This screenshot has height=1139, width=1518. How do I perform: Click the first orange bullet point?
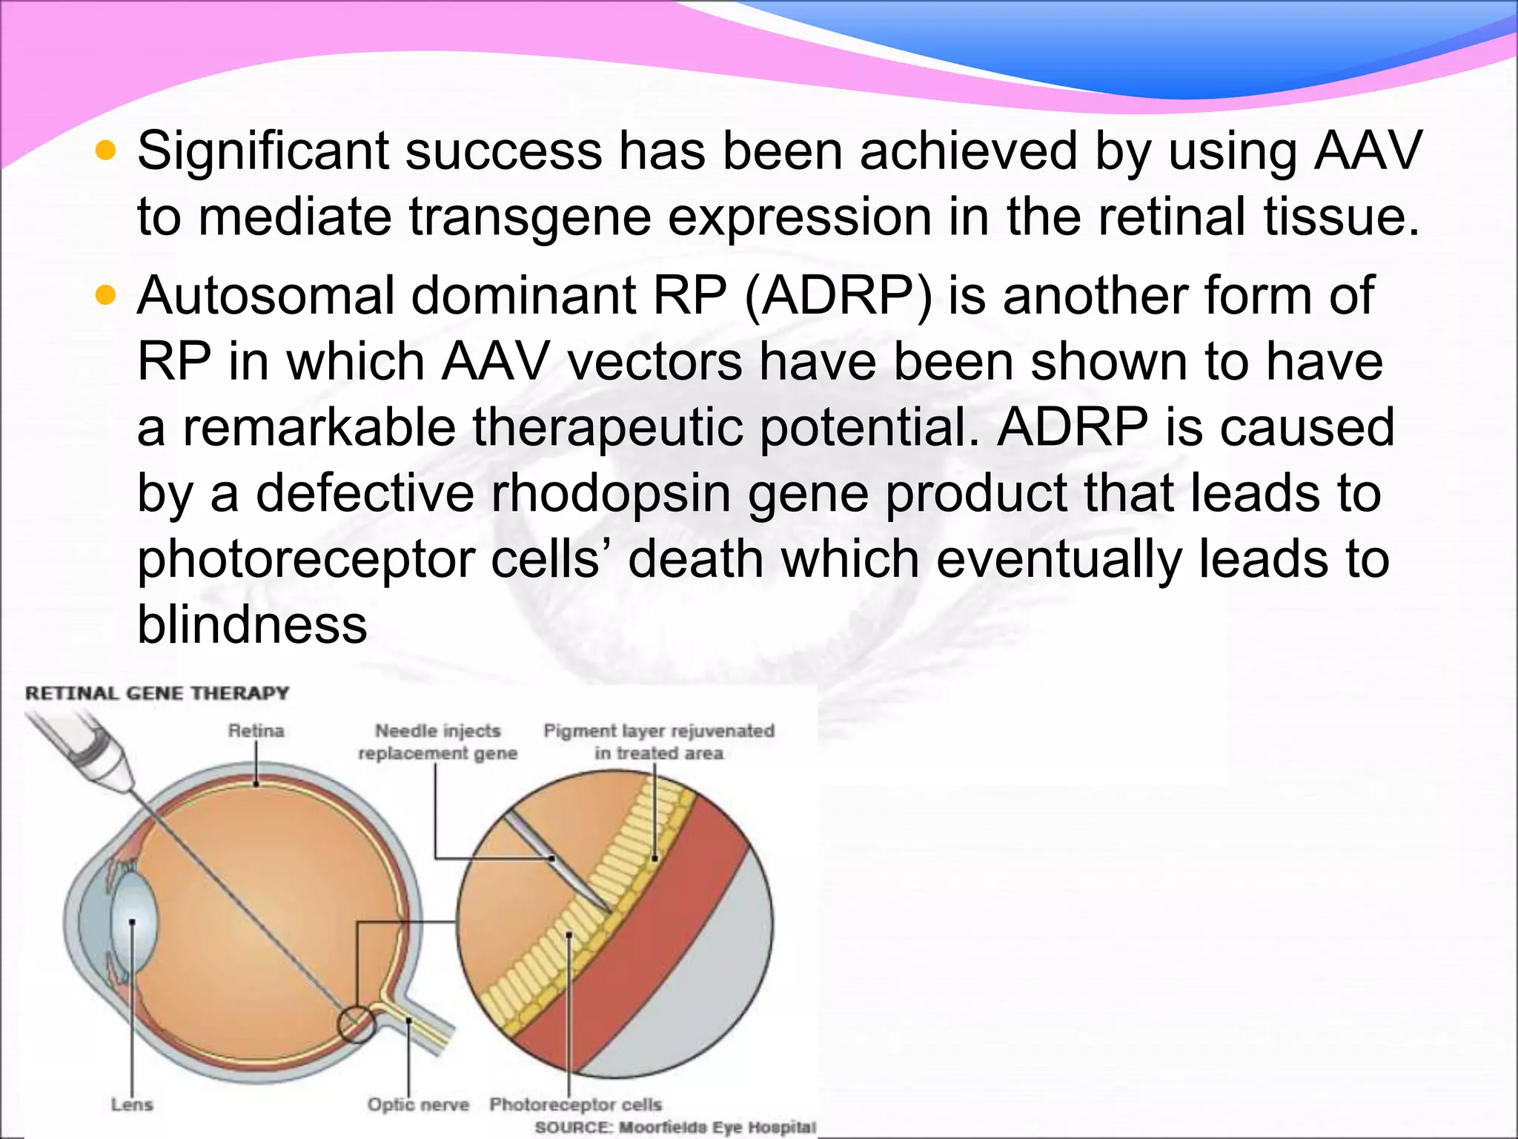click(x=107, y=152)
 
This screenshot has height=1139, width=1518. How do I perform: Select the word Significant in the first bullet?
click(x=263, y=151)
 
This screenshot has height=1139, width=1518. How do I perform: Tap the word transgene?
click(x=529, y=217)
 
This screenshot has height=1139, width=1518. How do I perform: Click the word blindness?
click(x=252, y=624)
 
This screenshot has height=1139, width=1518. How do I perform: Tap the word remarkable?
click(x=319, y=428)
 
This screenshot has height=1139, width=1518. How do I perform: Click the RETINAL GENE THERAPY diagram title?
click(x=157, y=693)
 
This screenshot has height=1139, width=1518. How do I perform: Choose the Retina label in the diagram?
click(x=256, y=731)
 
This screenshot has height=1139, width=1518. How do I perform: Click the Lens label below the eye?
click(x=132, y=1105)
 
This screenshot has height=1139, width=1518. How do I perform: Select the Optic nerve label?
click(x=418, y=1105)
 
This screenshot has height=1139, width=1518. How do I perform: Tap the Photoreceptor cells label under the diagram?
click(x=575, y=1105)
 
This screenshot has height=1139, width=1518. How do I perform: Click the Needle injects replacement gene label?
click(x=437, y=742)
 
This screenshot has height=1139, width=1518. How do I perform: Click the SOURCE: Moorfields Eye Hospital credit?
click(x=675, y=1128)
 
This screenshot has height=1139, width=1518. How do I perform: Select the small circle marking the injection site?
click(x=356, y=1025)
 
